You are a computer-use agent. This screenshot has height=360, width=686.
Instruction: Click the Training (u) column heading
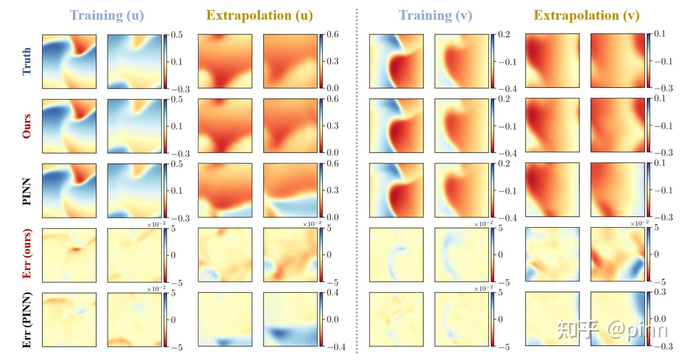click(x=107, y=15)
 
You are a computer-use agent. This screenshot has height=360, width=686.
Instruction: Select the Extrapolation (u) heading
click(x=260, y=15)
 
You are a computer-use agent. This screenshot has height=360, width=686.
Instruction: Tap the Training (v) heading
click(x=435, y=15)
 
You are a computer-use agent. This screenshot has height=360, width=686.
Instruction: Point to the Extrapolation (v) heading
click(x=587, y=15)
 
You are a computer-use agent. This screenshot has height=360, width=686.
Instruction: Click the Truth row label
click(x=27, y=61)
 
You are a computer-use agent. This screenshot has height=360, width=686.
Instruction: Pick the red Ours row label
click(x=27, y=126)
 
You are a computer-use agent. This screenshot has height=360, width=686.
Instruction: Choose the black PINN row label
click(x=27, y=191)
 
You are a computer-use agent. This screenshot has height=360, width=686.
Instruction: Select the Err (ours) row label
click(x=27, y=254)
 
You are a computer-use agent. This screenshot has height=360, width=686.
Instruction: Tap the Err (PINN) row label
click(x=27, y=320)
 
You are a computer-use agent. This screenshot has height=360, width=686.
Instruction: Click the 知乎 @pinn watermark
click(x=612, y=330)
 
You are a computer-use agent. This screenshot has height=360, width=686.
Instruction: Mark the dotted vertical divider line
click(x=357, y=180)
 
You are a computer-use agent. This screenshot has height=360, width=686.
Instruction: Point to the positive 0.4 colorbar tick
click(x=333, y=293)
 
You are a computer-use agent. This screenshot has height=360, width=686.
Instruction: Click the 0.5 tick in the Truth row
click(x=177, y=35)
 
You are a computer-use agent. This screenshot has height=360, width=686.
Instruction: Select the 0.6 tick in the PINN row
click(x=333, y=164)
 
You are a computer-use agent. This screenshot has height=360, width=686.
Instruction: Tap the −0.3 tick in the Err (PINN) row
click(x=663, y=346)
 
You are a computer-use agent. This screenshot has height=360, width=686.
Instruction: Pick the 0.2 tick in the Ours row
click(x=504, y=99)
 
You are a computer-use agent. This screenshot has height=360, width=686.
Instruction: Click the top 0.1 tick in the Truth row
click(x=660, y=34)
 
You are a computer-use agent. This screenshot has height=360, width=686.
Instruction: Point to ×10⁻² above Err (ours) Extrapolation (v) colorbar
click(x=639, y=224)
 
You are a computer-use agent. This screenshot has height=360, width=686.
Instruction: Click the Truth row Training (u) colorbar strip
click(x=166, y=61)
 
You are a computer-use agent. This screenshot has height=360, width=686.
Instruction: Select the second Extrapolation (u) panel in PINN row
click(x=290, y=190)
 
